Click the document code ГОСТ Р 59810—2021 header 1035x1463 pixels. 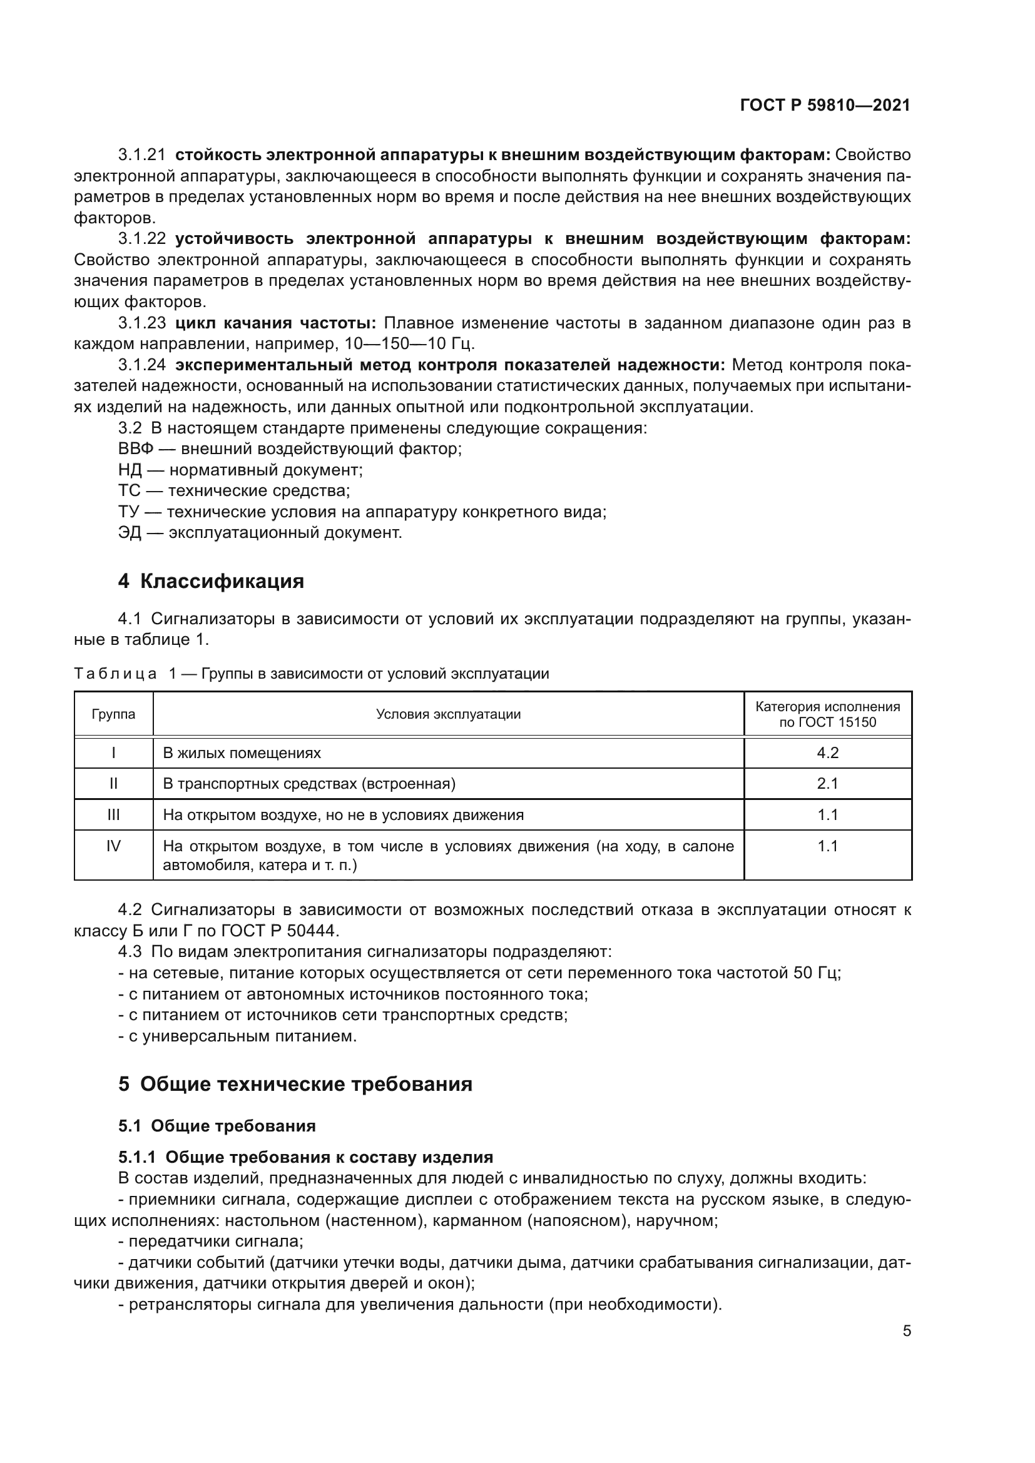[x=825, y=106]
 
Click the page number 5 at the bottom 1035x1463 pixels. [x=906, y=1331]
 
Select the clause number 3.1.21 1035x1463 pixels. [x=141, y=155]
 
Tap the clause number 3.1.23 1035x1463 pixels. [x=141, y=323]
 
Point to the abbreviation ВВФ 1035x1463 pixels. [x=136, y=448]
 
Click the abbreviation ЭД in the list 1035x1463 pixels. [x=130, y=533]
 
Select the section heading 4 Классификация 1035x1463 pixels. [x=211, y=581]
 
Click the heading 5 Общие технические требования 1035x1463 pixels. [x=295, y=1084]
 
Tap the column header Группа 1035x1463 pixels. [x=113, y=714]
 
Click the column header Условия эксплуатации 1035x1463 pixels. [x=448, y=714]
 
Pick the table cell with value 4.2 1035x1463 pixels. [x=827, y=753]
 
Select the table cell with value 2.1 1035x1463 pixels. [x=827, y=784]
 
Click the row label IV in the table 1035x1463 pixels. [x=113, y=846]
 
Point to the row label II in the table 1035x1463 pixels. [x=113, y=784]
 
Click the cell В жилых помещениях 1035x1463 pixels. [x=242, y=753]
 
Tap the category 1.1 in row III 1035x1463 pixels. [x=827, y=815]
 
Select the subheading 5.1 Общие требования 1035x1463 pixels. [x=217, y=1126]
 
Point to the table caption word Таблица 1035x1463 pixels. [x=115, y=674]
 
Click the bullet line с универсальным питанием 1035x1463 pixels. [x=242, y=1036]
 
